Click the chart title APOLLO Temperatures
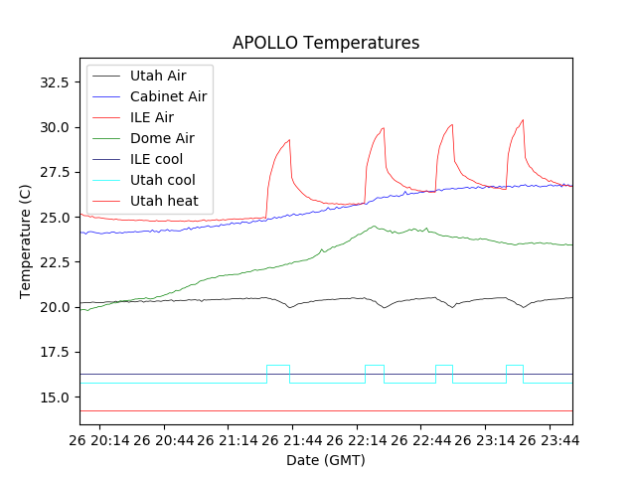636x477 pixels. (x=326, y=43)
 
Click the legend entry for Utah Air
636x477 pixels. (x=157, y=76)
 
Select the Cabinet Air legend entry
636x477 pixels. (x=168, y=96)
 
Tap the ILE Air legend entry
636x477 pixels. (x=151, y=117)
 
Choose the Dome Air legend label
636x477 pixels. (x=161, y=138)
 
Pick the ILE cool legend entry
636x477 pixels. (x=156, y=159)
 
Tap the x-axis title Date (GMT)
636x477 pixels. (x=326, y=460)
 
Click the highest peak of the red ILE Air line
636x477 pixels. (x=523, y=120)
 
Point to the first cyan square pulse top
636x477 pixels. (x=278, y=366)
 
